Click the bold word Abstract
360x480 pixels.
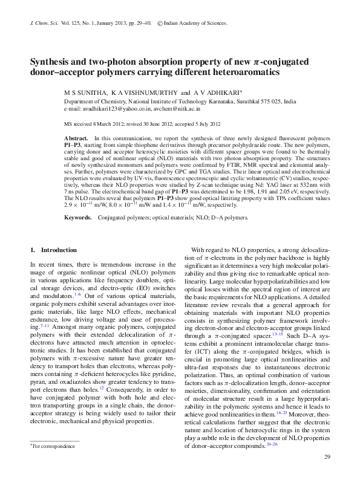click(76, 139)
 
